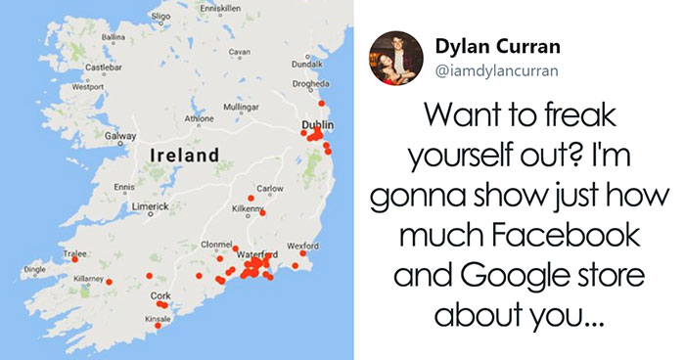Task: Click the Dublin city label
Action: [x=318, y=125]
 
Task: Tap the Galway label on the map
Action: [x=120, y=136]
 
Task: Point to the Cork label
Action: [x=160, y=294]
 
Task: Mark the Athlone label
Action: [x=199, y=117]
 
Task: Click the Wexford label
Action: [x=302, y=245]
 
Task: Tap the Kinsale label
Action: [x=157, y=319]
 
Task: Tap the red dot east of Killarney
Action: [x=109, y=282]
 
